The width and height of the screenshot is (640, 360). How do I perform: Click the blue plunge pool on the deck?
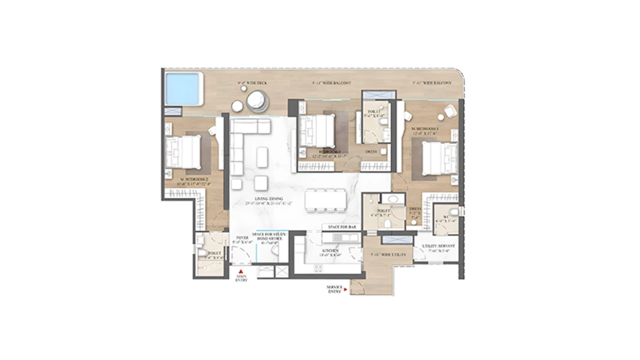coord(182,88)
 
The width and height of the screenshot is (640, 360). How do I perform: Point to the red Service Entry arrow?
coord(346,288)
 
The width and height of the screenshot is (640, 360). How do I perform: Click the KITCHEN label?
coord(330,250)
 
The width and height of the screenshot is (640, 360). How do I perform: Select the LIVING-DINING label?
coord(268,199)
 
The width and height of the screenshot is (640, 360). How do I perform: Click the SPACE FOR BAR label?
coord(342,227)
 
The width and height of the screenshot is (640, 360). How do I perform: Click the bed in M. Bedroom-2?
coord(183,151)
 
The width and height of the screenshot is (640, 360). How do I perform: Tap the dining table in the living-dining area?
coord(325,199)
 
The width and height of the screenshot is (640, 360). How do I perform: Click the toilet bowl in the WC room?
coord(452,210)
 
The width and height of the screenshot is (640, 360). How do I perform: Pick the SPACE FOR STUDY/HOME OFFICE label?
coord(270,236)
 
